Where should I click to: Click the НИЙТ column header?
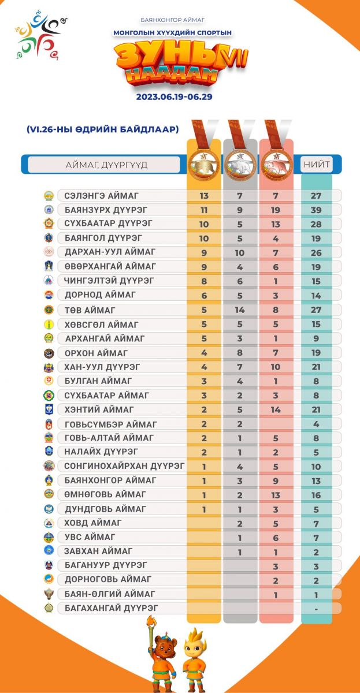316,164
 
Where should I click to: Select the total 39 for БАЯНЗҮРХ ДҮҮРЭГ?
316,210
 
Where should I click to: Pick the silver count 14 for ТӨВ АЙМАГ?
240,310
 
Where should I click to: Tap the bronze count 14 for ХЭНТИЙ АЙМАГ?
276,409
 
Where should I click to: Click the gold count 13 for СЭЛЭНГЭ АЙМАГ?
204,196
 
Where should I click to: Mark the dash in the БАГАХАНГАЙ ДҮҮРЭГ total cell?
316,608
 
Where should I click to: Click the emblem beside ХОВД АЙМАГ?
49,523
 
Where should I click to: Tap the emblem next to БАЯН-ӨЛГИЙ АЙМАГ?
49,594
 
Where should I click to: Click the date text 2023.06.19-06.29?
175,97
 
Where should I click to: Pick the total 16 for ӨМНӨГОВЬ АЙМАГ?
316,494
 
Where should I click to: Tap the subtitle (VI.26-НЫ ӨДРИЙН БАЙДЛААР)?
103,129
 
